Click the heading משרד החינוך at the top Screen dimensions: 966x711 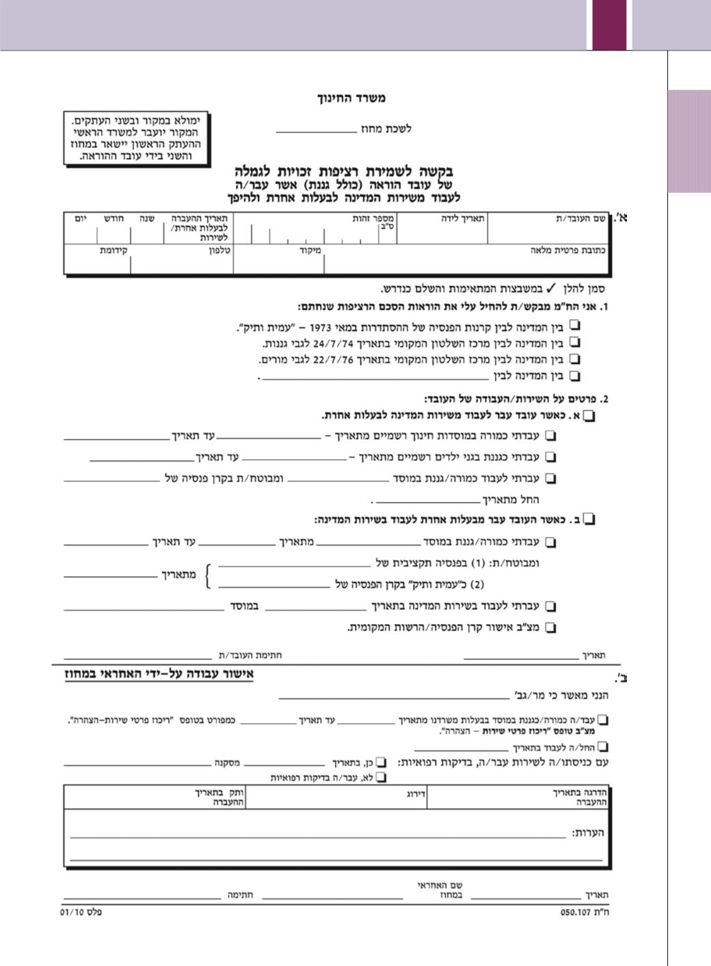[351, 99]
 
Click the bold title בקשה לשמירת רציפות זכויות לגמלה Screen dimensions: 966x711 [344, 171]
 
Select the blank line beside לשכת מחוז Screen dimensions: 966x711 [316, 129]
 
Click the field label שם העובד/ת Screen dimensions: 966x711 [580, 218]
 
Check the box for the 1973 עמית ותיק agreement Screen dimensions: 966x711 [575, 325]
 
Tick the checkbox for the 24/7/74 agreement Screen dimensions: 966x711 [575, 341]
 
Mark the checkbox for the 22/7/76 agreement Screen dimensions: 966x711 [575, 358]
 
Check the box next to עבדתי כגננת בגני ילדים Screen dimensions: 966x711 [550, 457]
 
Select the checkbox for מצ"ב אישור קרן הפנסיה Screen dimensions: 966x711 [550, 627]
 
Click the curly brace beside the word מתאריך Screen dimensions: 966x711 [209, 575]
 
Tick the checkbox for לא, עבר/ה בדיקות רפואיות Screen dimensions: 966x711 [381, 777]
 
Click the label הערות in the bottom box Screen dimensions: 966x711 [588, 833]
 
